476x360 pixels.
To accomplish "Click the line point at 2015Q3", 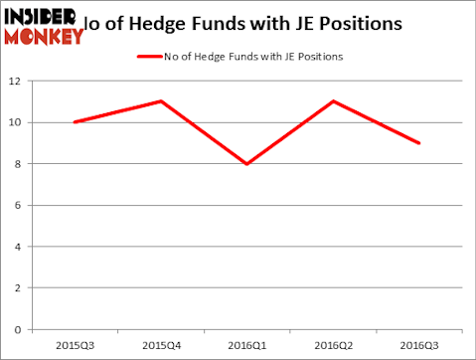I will [x=74, y=122].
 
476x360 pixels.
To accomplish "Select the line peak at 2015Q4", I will [x=160, y=101].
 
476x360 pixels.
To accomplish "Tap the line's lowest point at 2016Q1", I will [x=246, y=164].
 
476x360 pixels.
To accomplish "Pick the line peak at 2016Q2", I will [x=333, y=101].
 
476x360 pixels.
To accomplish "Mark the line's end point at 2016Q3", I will [x=419, y=143].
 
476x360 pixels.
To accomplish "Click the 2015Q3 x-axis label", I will [x=74, y=346].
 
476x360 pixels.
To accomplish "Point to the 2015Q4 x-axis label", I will [x=160, y=346].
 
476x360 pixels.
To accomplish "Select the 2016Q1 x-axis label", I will [x=246, y=346].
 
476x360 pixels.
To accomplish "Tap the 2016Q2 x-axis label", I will [x=333, y=346].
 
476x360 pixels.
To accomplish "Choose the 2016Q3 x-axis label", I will [x=419, y=346].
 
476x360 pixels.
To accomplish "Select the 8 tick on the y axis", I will [x=20, y=164].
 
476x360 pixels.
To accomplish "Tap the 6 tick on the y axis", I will [x=20, y=206].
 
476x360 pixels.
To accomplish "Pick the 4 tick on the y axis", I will [x=20, y=247].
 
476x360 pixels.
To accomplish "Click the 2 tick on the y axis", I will [x=20, y=288].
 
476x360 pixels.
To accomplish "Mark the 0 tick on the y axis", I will [x=20, y=330].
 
